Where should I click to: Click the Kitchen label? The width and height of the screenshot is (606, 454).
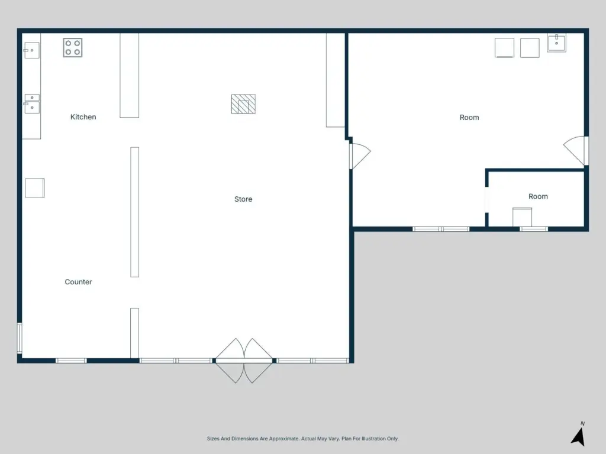click(83, 117)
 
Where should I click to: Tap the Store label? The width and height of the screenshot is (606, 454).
click(243, 199)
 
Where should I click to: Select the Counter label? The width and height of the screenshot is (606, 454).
click(79, 282)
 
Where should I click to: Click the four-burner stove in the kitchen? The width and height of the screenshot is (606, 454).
click(73, 47)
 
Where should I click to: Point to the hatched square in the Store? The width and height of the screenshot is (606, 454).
click(243, 104)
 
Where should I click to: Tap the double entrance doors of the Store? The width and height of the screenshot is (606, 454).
click(244, 361)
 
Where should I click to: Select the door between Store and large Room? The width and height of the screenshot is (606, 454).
click(360, 156)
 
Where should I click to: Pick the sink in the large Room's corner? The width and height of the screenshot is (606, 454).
click(556, 43)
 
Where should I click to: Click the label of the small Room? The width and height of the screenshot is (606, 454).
click(538, 196)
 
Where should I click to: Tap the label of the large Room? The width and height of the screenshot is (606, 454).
click(469, 118)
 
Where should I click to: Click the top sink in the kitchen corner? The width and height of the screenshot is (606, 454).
click(32, 50)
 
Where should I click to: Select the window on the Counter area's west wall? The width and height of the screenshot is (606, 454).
click(20, 338)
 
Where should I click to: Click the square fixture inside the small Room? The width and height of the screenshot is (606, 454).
click(522, 217)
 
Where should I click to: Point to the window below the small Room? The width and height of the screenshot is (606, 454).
click(533, 229)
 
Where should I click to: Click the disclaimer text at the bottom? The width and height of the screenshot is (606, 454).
click(302, 439)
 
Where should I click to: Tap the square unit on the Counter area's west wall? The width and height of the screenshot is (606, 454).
click(35, 188)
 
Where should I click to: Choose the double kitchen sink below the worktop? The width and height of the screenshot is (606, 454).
click(32, 104)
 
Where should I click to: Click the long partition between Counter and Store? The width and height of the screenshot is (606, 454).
click(134, 212)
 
